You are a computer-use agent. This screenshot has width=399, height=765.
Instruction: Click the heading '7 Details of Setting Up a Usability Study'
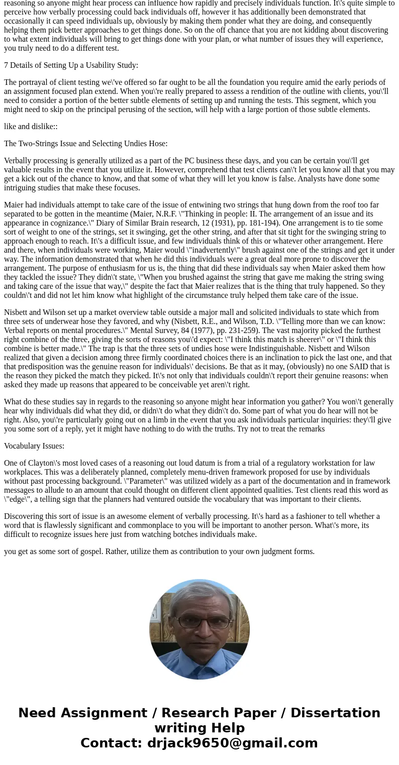tap(71, 65)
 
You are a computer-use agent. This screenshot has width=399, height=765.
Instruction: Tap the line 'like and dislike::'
tap(31, 127)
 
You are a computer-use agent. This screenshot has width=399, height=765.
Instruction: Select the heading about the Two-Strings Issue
tap(85, 144)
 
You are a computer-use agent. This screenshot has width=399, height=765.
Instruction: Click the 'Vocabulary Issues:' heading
tap(34, 446)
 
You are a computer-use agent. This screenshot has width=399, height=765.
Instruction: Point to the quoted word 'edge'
tap(17, 499)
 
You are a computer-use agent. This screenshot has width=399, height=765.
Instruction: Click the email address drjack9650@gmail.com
tap(232, 743)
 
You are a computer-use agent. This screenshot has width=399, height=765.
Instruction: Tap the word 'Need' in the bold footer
tap(37, 713)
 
